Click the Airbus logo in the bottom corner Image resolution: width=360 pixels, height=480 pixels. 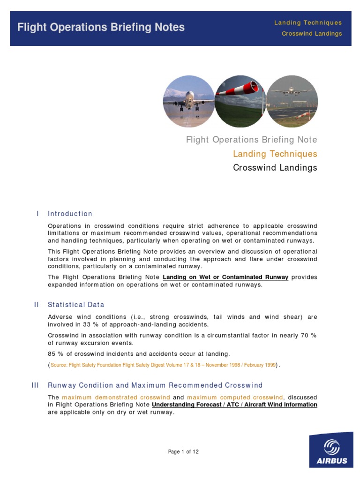[x=331, y=450]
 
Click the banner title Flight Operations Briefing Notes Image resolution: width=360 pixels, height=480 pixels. [x=101, y=28]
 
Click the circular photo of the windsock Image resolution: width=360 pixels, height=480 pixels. [x=240, y=102]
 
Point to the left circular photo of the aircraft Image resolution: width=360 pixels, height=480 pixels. [x=188, y=102]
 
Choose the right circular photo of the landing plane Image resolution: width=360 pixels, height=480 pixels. [x=292, y=102]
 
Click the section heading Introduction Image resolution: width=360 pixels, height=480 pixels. [x=70, y=214]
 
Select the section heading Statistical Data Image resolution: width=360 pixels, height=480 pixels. [x=76, y=305]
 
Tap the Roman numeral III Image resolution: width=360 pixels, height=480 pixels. [x=36, y=385]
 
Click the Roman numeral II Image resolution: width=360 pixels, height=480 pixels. [x=37, y=305]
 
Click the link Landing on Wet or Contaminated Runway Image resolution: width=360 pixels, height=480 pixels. [x=225, y=277]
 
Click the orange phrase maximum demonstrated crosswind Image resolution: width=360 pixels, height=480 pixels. [x=116, y=397]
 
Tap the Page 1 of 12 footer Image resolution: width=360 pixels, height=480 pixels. [x=183, y=452]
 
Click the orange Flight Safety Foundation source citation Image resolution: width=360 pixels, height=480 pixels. [x=163, y=365]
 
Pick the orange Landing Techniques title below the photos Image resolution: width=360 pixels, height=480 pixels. [x=275, y=154]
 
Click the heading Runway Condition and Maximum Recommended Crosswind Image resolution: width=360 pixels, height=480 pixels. [x=155, y=385]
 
